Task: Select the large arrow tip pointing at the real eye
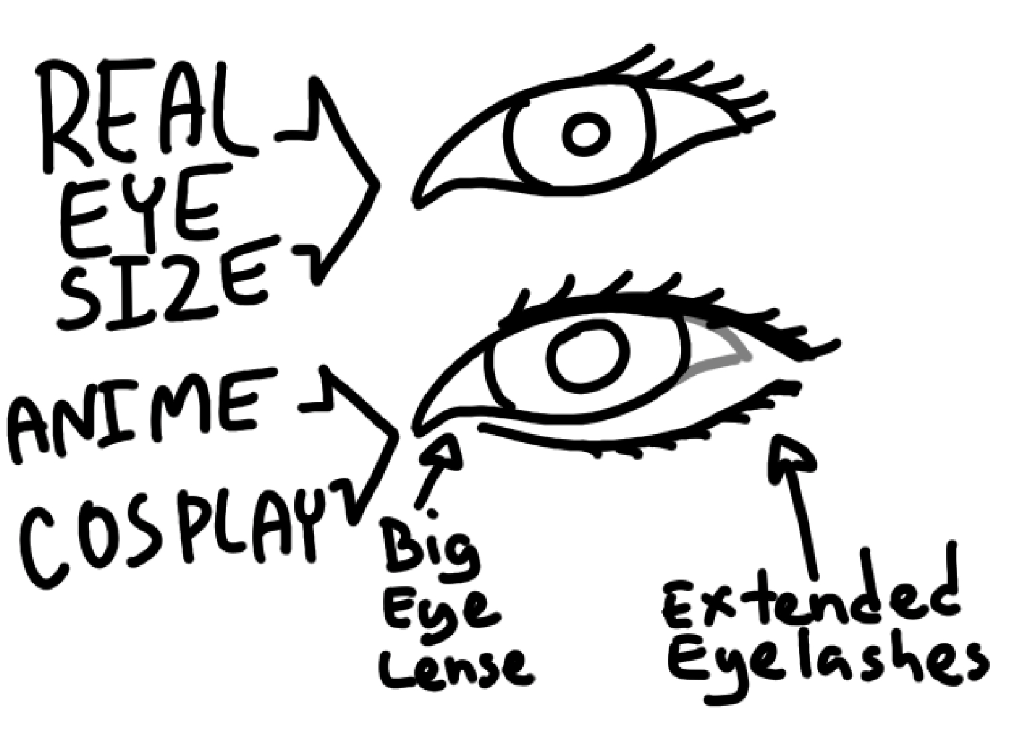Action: pos(376,184)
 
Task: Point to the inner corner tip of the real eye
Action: pos(419,203)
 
